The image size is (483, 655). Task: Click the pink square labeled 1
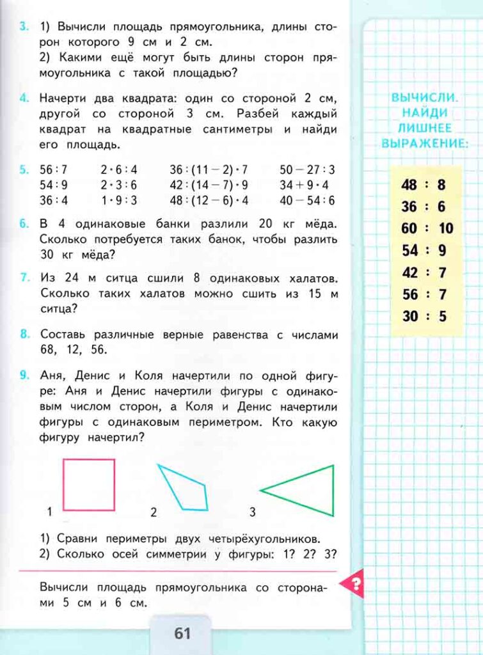pyautogui.click(x=89, y=484)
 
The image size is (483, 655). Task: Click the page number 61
pyautogui.click(x=182, y=633)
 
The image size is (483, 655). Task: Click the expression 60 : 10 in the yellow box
pyautogui.click(x=427, y=228)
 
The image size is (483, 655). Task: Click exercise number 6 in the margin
pyautogui.click(x=24, y=225)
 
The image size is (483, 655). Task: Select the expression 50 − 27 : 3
pyautogui.click(x=307, y=170)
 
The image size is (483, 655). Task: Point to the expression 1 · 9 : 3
pyautogui.click(x=119, y=200)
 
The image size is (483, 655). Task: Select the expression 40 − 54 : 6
pyautogui.click(x=307, y=200)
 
